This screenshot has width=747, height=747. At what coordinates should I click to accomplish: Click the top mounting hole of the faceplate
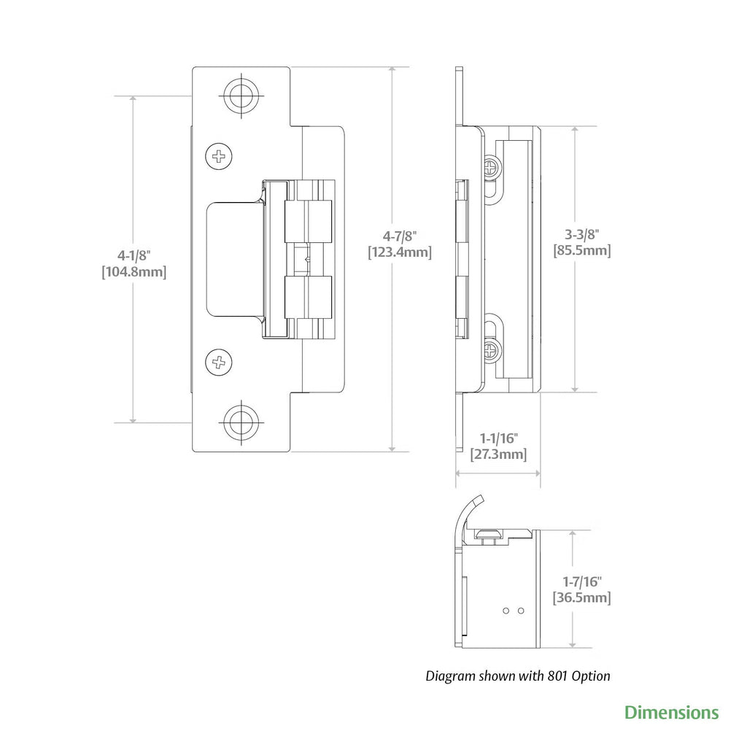pos(241,95)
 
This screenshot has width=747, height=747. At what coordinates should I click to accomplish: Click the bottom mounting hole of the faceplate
pos(241,422)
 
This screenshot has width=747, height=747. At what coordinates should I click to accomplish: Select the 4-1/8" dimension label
pos(134,255)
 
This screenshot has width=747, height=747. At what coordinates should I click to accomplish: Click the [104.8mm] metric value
pos(134,272)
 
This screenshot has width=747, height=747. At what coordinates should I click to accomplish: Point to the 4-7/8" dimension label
pos(399,236)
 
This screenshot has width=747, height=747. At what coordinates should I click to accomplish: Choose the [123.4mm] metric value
pos(399,252)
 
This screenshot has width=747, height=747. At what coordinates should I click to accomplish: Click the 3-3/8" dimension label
pos(581,234)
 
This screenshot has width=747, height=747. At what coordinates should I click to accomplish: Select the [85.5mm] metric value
pos(581,250)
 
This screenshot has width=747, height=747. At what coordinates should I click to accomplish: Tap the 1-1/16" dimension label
pos(498,438)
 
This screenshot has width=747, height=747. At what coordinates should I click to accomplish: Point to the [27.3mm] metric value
pos(498,454)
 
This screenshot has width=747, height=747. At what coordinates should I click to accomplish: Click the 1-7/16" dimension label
pos(581,581)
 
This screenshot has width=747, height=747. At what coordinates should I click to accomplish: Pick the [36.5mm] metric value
pos(581,598)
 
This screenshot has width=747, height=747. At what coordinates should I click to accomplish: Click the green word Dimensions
pos(671,712)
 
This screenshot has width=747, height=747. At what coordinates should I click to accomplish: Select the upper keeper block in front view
pos(307,218)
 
